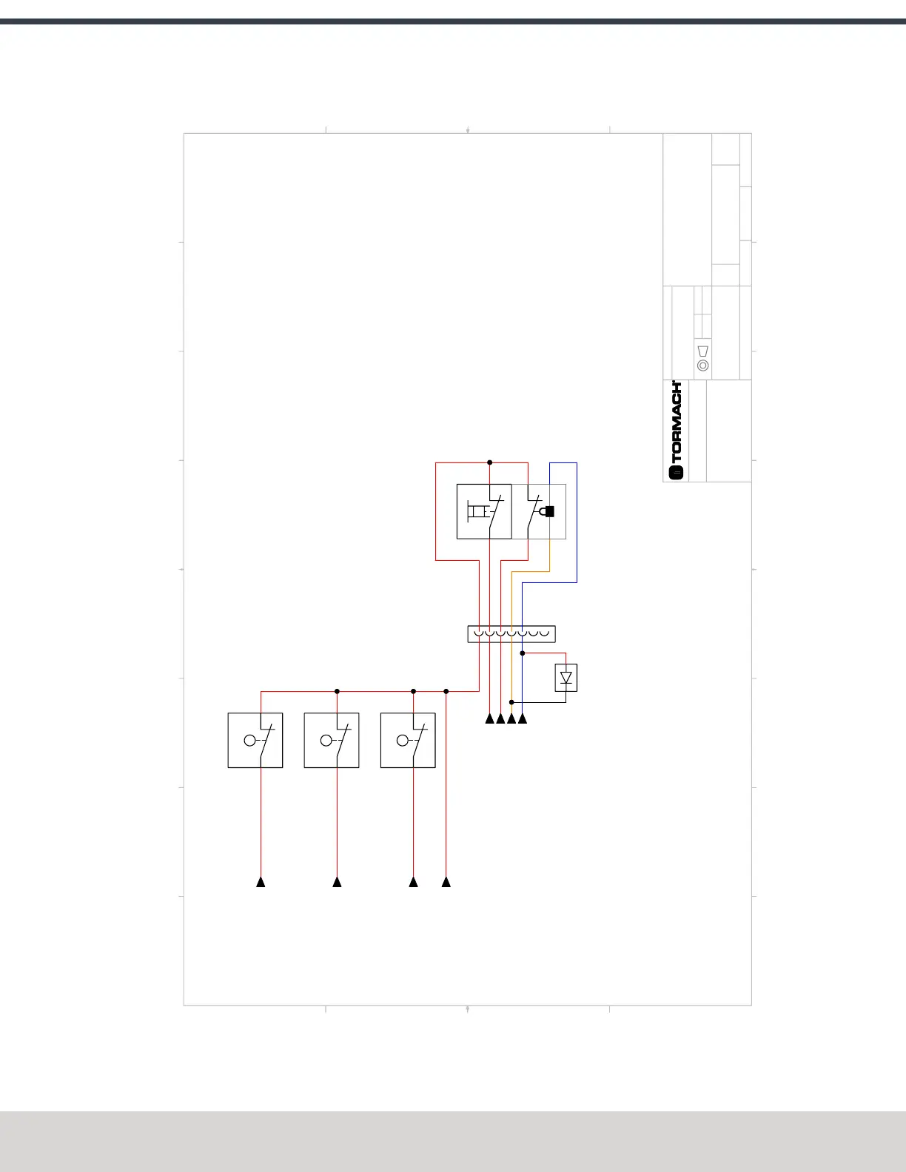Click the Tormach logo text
coord(677,422)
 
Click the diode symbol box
coord(566,678)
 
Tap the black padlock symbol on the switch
coord(549,511)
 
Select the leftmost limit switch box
coord(255,740)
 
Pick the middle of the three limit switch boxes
coord(332,740)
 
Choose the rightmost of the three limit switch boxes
coord(408,740)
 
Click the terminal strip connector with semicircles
coord(511,634)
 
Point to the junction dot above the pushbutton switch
coord(490,462)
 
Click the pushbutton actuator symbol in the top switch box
coord(477,511)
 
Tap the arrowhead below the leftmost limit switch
coord(261,882)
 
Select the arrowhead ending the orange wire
coord(511,718)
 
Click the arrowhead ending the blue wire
coord(523,718)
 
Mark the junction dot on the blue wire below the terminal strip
coord(523,653)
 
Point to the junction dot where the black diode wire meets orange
coord(511,702)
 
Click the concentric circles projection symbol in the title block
coord(703,366)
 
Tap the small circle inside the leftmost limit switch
coord(249,740)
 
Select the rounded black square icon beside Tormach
coord(677,473)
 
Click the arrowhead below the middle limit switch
coord(337,882)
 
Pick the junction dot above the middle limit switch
coord(337,691)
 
